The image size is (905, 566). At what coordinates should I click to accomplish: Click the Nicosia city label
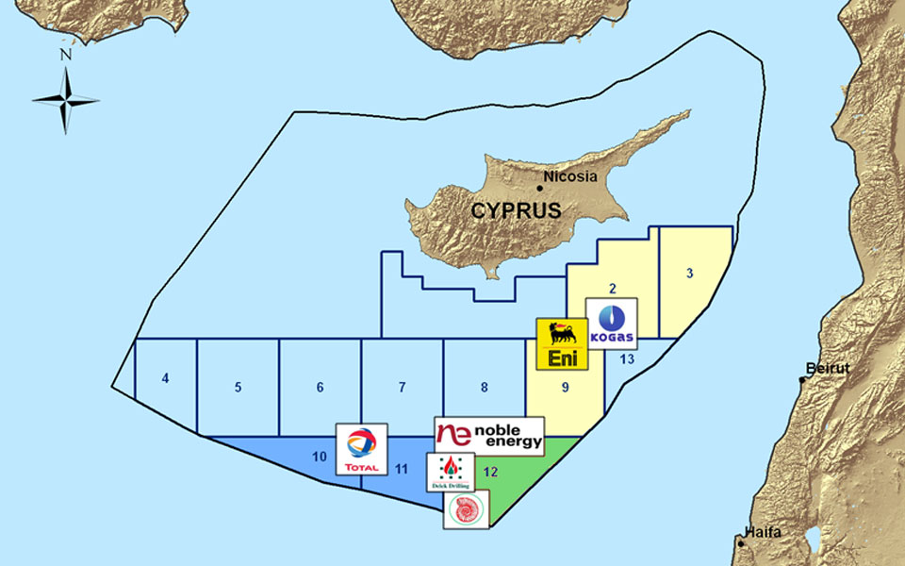pos(572,176)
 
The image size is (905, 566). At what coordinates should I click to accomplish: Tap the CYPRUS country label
pos(517,210)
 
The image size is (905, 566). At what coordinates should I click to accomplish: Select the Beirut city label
pos(827,368)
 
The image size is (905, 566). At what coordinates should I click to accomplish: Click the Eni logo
pos(562,343)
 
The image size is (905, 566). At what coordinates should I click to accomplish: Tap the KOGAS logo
pos(611,324)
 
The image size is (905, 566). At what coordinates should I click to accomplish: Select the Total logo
pos(361,449)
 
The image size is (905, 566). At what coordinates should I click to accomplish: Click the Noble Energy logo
pos(489,436)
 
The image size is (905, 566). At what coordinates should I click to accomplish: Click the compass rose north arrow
pos(66,99)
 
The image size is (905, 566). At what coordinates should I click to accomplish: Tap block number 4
pos(166,379)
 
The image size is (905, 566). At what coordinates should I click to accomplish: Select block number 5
pos(239,387)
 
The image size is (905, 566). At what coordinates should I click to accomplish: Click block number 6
pos(321,387)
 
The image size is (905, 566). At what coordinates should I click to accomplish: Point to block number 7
pos(402,387)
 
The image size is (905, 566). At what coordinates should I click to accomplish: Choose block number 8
pos(484,387)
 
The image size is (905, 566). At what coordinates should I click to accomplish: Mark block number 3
pos(690,275)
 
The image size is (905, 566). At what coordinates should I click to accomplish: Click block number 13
pos(627,358)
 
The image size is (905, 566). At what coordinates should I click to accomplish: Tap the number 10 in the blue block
pos(319,457)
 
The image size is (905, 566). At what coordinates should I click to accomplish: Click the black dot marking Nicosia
pos(540,187)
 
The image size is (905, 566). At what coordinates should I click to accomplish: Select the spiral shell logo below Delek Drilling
pos(466,509)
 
